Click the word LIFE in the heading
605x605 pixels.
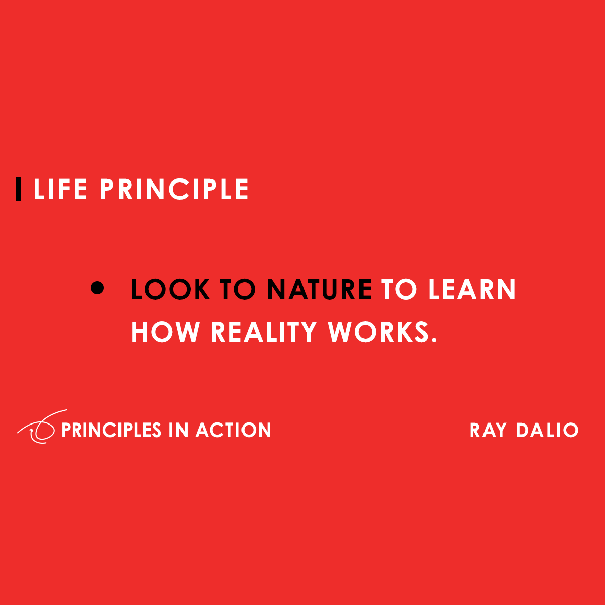click(59, 190)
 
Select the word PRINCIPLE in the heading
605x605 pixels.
click(174, 190)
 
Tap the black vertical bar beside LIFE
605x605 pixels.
click(19, 190)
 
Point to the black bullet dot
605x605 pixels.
click(97, 288)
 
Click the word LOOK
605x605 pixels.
click(170, 290)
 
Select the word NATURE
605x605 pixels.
click(319, 290)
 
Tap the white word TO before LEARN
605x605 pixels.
click(399, 290)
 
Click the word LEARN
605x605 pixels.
click(472, 290)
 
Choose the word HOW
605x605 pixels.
click(165, 332)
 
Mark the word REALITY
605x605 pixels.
click(264, 332)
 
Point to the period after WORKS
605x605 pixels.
click(433, 340)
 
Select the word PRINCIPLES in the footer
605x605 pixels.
click(111, 430)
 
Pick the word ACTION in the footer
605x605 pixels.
click(233, 430)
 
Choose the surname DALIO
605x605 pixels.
click(547, 431)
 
